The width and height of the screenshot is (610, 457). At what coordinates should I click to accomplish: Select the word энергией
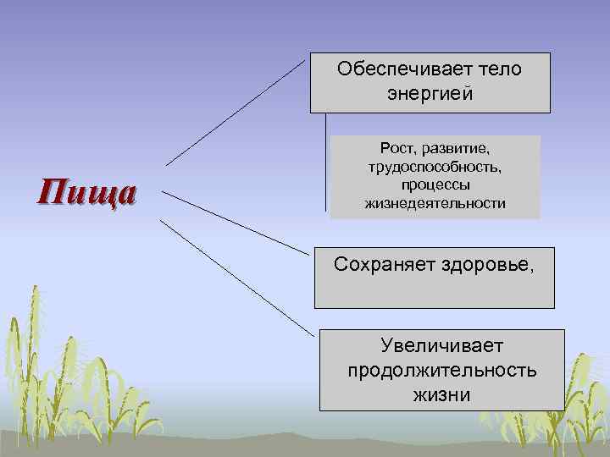[x=430, y=93]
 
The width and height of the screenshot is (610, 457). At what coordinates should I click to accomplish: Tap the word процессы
[x=435, y=184]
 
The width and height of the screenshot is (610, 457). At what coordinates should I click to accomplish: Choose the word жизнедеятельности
[x=435, y=203]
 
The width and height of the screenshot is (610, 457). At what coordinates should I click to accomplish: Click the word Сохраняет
[x=384, y=265]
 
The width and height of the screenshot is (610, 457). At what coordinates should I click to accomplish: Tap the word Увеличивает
[x=441, y=346]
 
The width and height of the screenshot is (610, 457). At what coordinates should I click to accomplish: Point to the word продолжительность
[x=441, y=371]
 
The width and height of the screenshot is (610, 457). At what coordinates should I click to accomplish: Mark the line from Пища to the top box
[x=235, y=113]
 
